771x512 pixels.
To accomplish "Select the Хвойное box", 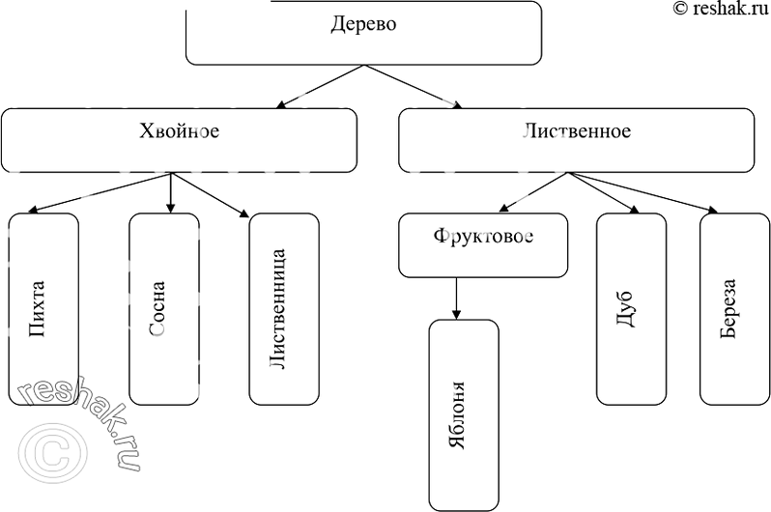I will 179,140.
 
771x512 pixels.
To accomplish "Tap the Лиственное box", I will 576,140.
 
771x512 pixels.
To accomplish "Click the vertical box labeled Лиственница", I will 284,307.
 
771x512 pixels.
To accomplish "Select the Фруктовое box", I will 483,245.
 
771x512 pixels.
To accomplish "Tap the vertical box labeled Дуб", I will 631,307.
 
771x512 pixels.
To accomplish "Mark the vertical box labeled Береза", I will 734,307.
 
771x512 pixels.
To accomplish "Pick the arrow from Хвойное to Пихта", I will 100,192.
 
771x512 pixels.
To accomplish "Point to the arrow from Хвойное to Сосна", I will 171,192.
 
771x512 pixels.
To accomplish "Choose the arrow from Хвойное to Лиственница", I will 210,192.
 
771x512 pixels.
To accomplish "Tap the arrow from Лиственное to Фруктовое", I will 535,192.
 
